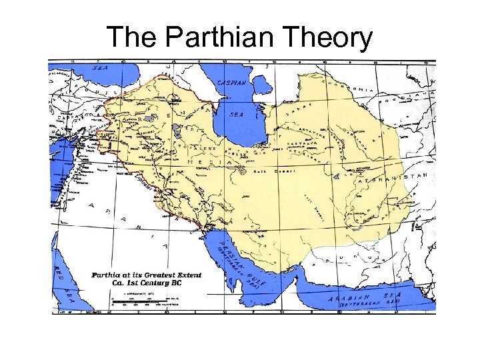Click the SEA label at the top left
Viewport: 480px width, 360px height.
click(x=99, y=67)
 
